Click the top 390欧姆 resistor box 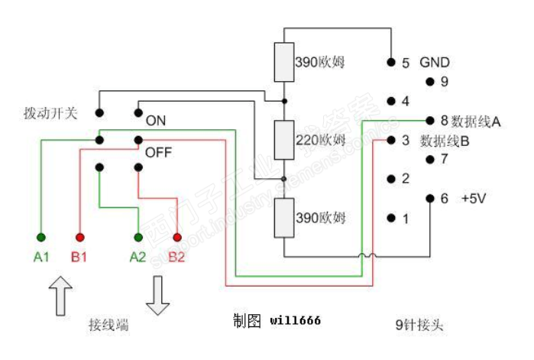coord(284,63)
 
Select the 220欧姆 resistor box coord(284,139)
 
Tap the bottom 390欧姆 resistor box coord(284,217)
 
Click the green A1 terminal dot coord(40,236)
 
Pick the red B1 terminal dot coord(79,236)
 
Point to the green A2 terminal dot coord(138,236)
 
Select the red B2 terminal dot coord(177,236)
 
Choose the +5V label coord(474,198)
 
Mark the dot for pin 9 coord(430,81)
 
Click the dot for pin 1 coord(391,219)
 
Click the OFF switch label coord(158,151)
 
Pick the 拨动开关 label coord(50,113)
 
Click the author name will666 coord(295,320)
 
